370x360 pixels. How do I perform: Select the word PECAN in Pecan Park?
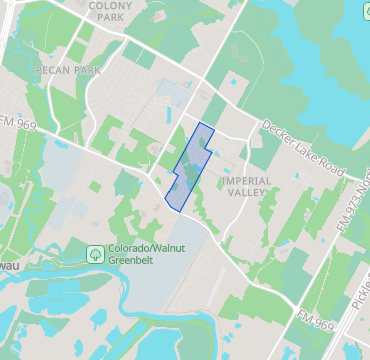pyautogui.click(x=53, y=71)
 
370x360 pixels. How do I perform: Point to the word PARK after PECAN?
pyautogui.click(x=85, y=71)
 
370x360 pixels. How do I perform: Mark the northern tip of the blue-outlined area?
pyautogui.click(x=203, y=123)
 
